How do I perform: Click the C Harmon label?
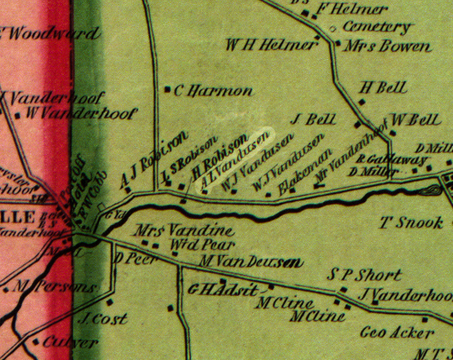tap(212, 91)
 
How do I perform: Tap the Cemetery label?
tap(377, 27)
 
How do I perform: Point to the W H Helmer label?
tap(271, 45)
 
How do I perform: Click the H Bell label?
tap(384, 88)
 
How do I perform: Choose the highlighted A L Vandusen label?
tap(233, 159)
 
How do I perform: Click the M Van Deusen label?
tap(250, 263)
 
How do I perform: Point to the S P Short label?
tap(364, 275)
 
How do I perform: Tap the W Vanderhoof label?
tap(81, 114)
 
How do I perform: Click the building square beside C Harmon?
tap(167, 89)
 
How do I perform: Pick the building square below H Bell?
tap(362, 102)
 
